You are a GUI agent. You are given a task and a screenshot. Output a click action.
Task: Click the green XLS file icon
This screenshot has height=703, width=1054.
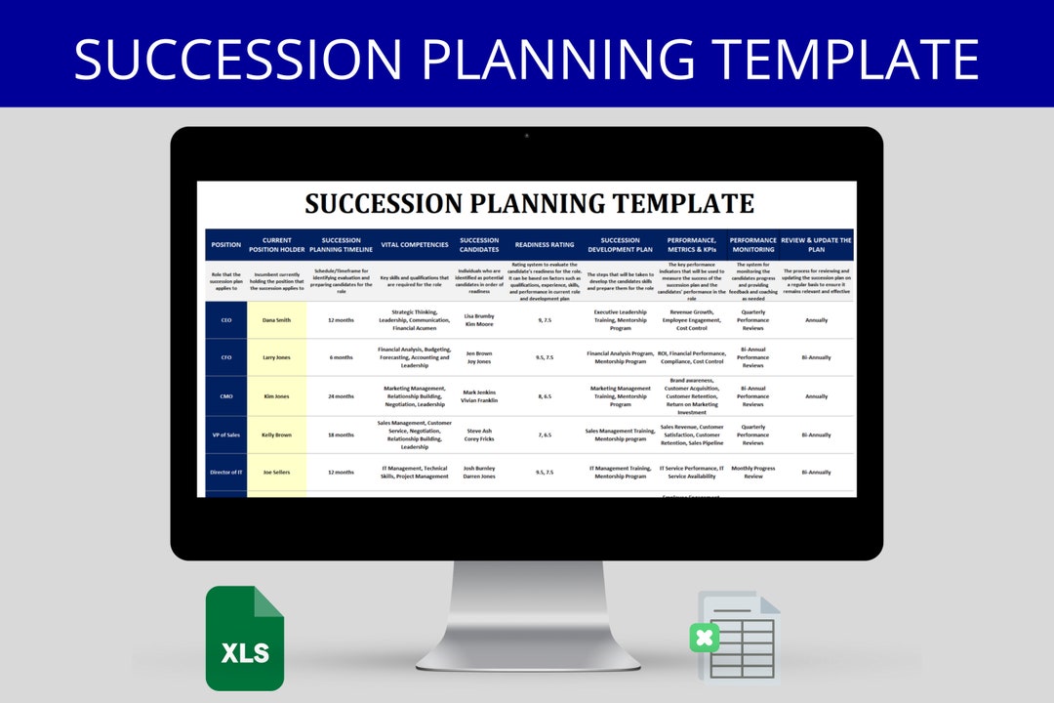tap(244, 639)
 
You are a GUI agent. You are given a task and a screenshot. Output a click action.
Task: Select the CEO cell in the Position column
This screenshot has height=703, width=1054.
tap(226, 320)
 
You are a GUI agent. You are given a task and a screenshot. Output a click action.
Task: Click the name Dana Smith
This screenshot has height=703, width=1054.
tap(276, 320)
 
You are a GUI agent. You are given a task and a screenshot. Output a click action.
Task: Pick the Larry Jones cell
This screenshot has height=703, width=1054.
tap(276, 357)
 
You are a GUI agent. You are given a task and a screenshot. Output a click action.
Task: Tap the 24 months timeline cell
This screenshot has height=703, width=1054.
tap(342, 396)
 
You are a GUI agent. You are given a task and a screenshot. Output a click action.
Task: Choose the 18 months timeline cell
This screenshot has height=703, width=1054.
tap(342, 434)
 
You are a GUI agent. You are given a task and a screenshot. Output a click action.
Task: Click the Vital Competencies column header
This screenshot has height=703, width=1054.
tap(415, 245)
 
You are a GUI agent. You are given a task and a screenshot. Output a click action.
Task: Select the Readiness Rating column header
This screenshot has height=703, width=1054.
tap(545, 245)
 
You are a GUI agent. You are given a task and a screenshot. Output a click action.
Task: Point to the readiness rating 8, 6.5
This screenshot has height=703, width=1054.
tap(545, 396)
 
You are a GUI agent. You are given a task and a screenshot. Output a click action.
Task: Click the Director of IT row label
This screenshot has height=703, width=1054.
tap(226, 473)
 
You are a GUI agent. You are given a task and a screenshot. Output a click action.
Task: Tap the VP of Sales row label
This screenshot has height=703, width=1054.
tap(226, 434)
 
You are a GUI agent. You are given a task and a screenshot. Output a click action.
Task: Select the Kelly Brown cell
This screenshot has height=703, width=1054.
tap(276, 434)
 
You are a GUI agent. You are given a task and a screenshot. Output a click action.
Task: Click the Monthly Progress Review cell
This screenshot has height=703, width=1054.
tap(752, 473)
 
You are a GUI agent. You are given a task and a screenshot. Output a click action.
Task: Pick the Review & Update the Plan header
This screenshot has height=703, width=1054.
tap(817, 245)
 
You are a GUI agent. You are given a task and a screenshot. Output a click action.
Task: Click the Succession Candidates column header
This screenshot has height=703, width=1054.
tap(478, 245)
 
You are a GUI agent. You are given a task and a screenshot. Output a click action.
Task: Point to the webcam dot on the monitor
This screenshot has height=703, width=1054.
tap(527, 136)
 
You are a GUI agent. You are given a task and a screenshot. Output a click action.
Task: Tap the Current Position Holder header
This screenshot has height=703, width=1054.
tap(276, 245)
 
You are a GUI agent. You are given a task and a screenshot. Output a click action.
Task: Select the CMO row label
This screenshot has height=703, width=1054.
tap(226, 396)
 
